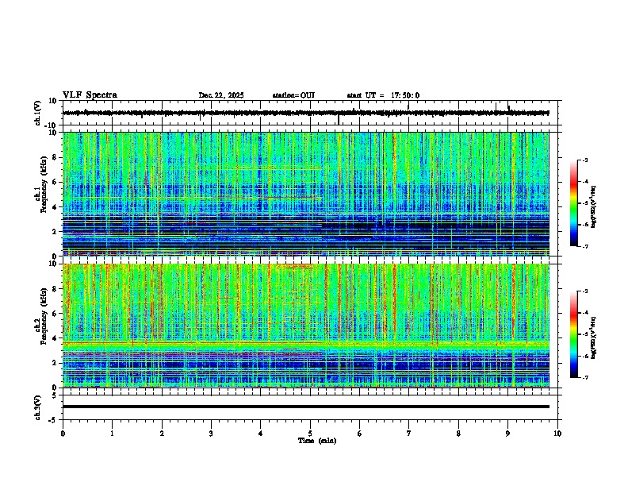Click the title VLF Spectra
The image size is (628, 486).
point(90,95)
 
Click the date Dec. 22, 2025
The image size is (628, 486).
point(221,95)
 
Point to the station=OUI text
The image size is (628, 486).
point(293,95)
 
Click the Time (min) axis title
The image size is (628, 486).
point(316,441)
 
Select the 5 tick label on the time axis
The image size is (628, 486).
point(310,434)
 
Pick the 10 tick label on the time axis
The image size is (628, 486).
point(557,434)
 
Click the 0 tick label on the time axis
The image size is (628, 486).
point(63,434)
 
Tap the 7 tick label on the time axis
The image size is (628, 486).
point(409,434)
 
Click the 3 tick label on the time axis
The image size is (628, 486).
point(211,434)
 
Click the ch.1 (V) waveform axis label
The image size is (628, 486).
point(38,114)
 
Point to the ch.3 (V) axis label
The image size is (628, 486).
point(38,407)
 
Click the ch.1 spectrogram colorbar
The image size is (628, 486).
point(574,203)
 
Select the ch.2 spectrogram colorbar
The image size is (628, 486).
point(574,334)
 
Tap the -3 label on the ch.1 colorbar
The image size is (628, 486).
point(584,160)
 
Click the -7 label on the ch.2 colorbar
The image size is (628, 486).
point(584,378)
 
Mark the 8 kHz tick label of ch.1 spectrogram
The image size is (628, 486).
point(53,157)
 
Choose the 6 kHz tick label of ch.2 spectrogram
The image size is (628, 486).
point(53,313)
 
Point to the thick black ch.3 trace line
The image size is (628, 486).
point(305,407)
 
